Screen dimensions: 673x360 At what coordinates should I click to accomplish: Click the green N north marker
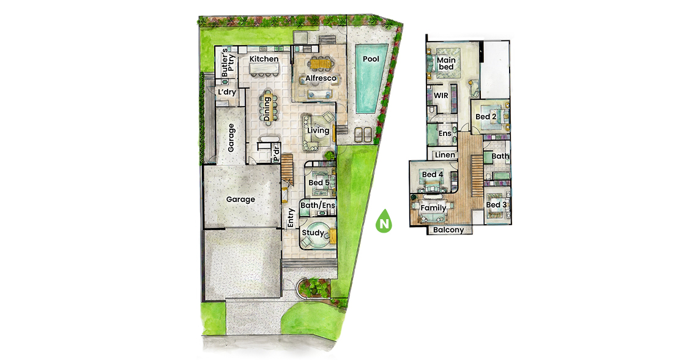(384, 222)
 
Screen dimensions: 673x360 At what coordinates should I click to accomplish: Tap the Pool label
(371, 59)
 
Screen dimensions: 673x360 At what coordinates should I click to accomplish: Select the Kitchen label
(264, 59)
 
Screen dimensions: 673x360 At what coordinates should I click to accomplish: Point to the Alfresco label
(321, 78)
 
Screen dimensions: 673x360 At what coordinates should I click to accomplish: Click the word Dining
(267, 109)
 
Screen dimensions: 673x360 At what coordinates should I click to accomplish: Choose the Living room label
(319, 130)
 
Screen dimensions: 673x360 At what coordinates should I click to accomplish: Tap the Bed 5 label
(319, 182)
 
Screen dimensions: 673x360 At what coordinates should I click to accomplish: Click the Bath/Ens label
(318, 205)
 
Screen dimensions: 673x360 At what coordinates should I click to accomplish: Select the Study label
(313, 233)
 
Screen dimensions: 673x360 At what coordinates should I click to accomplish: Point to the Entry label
(291, 218)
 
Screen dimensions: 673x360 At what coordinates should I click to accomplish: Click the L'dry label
(227, 92)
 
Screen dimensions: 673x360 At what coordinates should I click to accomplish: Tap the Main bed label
(447, 64)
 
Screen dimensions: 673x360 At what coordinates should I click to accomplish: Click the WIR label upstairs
(441, 96)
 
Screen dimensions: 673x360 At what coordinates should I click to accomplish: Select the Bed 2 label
(486, 117)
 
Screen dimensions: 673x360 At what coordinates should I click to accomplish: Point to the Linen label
(445, 155)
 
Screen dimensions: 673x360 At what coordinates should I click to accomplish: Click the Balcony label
(448, 230)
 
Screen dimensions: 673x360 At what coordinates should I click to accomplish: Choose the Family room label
(434, 208)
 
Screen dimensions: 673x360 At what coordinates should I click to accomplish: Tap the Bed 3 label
(497, 205)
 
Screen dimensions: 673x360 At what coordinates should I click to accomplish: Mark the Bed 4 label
(433, 174)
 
